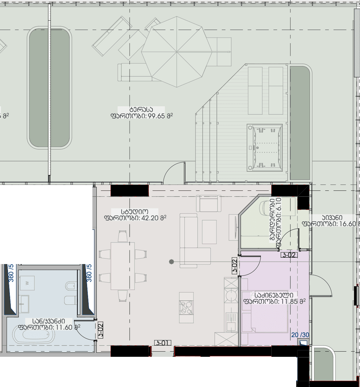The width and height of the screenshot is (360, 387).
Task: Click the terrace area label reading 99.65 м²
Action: pyautogui.click(x=142, y=113)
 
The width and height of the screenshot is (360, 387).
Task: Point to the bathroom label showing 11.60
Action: pyautogui.click(x=49, y=324)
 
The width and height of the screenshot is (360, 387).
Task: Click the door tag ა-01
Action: pyautogui.click(x=163, y=343)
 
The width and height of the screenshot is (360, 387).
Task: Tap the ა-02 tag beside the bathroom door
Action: pyautogui.click(x=100, y=330)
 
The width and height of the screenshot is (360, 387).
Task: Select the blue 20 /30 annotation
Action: pyautogui.click(x=300, y=335)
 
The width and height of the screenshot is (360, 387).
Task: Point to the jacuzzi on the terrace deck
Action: pyautogui.click(x=265, y=148)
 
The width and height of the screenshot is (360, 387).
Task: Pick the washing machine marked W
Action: pyautogui.click(x=27, y=283)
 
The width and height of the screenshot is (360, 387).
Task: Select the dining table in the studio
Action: pyautogui.click(x=123, y=266)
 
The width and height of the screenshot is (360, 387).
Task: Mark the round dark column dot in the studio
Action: pyautogui.click(x=172, y=262)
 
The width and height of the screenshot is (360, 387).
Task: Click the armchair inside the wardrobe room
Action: pyautogui.click(x=265, y=207)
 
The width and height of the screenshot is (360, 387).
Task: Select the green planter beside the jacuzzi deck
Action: pyautogui.click(x=300, y=123)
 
